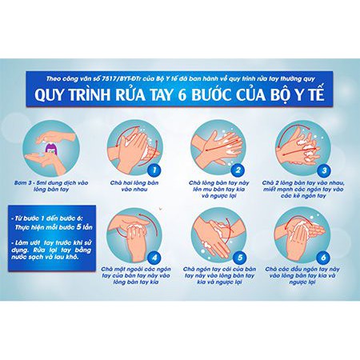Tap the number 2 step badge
coord(237,170)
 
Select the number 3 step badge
coord(323,170)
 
